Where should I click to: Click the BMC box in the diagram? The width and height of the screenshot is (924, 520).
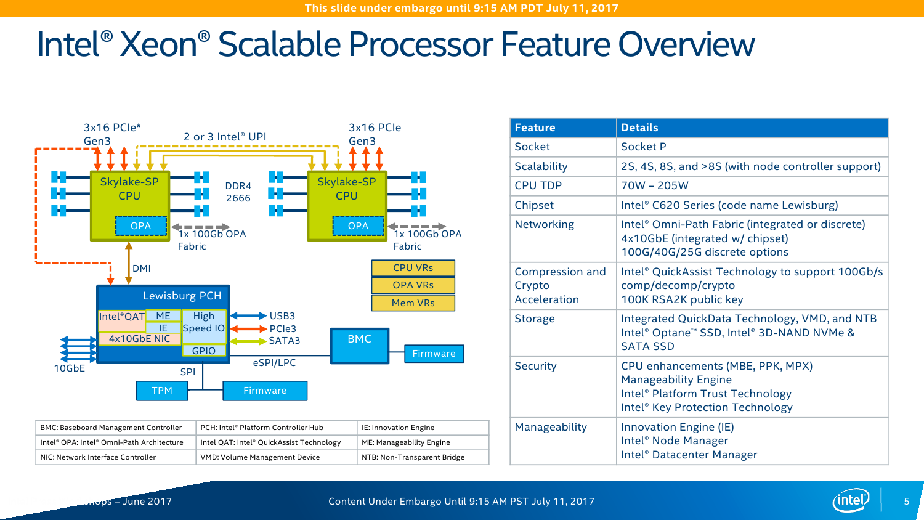pos(360,346)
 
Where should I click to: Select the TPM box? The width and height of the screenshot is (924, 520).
pos(162,391)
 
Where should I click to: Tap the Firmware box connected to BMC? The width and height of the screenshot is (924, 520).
pos(434,354)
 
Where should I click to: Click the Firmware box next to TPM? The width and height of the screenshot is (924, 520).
pos(265,391)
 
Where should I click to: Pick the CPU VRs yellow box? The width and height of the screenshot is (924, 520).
pos(413,268)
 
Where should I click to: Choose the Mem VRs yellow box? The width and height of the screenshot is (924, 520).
pos(413,303)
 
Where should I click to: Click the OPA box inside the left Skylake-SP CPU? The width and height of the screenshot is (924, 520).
pos(141,226)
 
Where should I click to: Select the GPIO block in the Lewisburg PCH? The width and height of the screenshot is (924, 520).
pos(204,351)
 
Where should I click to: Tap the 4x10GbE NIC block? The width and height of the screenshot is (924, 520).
pos(140,339)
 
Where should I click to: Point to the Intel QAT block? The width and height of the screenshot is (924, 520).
pos(122,317)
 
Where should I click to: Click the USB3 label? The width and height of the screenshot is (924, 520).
pos(282,316)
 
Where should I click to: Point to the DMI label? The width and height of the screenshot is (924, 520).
pos(142,269)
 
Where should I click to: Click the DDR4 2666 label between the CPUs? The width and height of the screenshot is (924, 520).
pos(238,192)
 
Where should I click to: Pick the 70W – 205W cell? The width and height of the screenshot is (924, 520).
pos(655,185)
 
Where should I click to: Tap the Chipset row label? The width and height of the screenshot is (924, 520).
pos(534,205)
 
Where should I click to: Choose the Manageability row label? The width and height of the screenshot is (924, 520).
pos(551,427)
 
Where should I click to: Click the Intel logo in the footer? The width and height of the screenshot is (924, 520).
pos(851,500)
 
